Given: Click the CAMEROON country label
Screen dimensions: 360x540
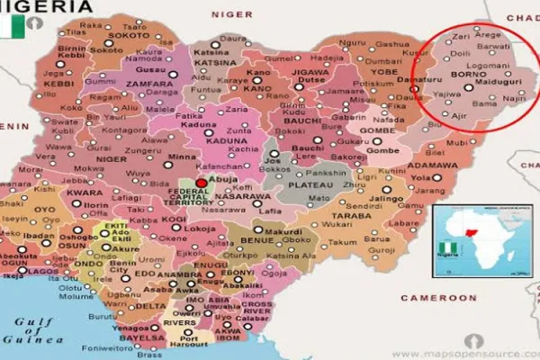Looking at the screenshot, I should [400, 297].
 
